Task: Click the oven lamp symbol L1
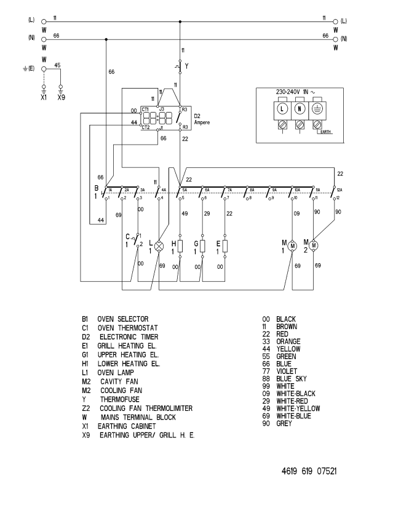point(159,245)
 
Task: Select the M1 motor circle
point(293,245)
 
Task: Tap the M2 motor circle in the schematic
point(314,245)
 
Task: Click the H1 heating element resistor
point(179,246)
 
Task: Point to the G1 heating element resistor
point(202,246)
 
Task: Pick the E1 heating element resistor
point(225,246)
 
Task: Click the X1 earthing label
point(44,97)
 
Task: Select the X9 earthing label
point(60,97)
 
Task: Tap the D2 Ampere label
point(201,119)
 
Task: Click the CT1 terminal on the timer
point(145,109)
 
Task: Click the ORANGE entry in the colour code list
point(288,341)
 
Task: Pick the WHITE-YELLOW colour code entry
point(298,408)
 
